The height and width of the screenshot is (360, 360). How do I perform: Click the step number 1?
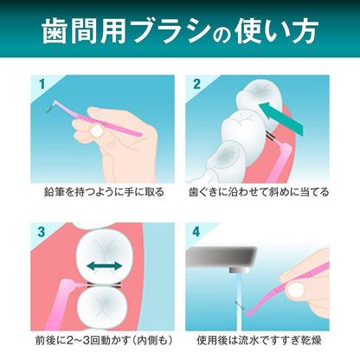(x=42, y=84)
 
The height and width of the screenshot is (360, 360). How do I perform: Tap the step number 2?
(x=196, y=84)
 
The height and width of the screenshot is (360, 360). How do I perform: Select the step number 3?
(x=42, y=232)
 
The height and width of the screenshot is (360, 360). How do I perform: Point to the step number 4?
(x=196, y=232)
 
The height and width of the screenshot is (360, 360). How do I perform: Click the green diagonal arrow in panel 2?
(x=281, y=119)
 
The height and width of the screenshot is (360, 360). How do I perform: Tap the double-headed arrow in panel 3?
(x=105, y=266)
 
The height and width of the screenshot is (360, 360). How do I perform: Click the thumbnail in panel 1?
(x=96, y=132)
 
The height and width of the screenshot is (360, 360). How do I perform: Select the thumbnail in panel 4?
(x=295, y=290)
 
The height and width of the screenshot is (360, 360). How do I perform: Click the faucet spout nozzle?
(x=240, y=270)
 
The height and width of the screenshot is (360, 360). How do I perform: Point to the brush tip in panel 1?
(x=50, y=109)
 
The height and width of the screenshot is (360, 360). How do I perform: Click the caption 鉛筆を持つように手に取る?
(x=104, y=192)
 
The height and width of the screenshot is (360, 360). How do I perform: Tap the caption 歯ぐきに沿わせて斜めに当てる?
(x=259, y=192)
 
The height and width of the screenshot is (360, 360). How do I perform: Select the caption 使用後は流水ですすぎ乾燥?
(x=259, y=340)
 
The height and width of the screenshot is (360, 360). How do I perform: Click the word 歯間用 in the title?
(x=84, y=31)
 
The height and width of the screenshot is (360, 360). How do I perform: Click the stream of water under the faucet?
(x=239, y=301)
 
